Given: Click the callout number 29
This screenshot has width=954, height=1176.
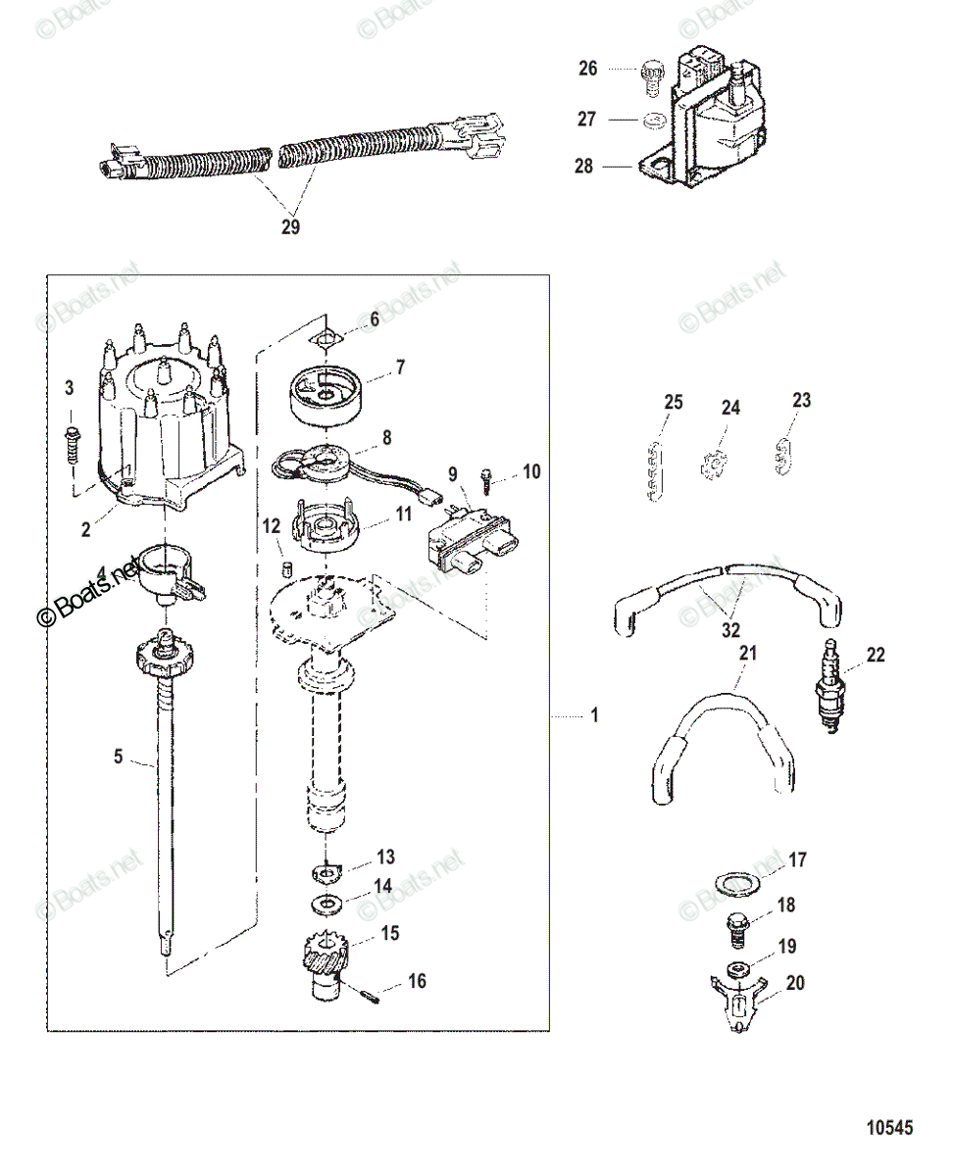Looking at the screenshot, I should (290, 227).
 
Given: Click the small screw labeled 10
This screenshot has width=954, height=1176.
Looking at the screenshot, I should (486, 477).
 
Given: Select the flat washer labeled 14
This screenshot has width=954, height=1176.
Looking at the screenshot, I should (325, 902).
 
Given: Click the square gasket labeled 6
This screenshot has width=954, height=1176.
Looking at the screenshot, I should (326, 338).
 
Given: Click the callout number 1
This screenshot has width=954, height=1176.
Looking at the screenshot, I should (594, 716).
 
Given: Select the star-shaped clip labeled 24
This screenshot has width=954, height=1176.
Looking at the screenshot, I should (715, 462).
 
